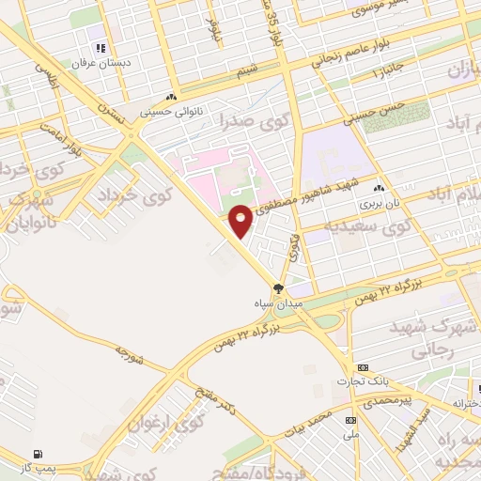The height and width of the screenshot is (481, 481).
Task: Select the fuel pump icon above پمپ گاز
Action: click(38, 453)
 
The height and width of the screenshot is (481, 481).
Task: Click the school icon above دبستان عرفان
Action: click(98, 48)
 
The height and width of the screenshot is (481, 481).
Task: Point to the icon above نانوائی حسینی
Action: click(171, 97)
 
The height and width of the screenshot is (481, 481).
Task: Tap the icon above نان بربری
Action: click(380, 188)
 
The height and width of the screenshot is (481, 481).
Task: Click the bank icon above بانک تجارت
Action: click(365, 366)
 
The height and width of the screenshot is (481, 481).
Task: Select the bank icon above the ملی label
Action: click(350, 420)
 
